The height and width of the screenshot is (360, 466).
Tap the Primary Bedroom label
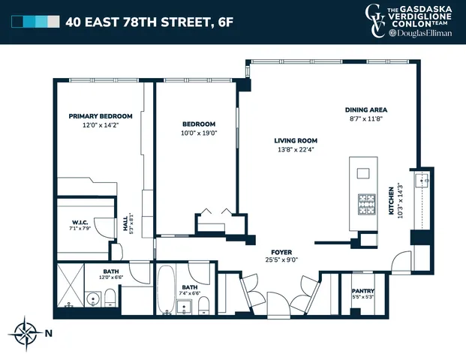pos(101,116)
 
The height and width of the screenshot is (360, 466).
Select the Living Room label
pos(295,140)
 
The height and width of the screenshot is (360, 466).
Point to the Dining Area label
pos(365,109)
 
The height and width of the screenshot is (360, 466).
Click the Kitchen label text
pos(390,201)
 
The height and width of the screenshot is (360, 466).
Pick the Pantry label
pos(363,291)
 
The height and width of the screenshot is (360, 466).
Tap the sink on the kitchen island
pos(364,173)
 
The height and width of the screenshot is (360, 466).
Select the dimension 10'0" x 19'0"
pos(199,133)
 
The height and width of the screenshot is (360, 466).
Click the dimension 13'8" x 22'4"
pos(295,149)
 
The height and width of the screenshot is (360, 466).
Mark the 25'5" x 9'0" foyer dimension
pos(281,261)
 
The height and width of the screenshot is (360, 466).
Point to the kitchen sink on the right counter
pos(424,179)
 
